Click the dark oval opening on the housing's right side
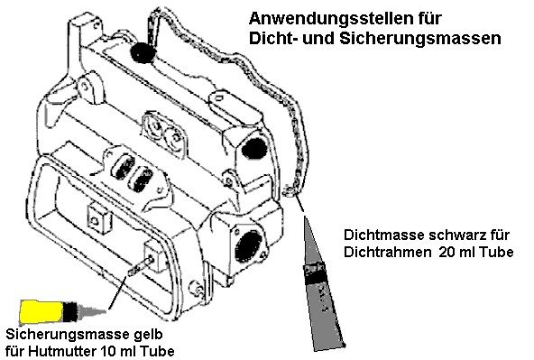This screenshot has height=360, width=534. pyautogui.click(x=255, y=145)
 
